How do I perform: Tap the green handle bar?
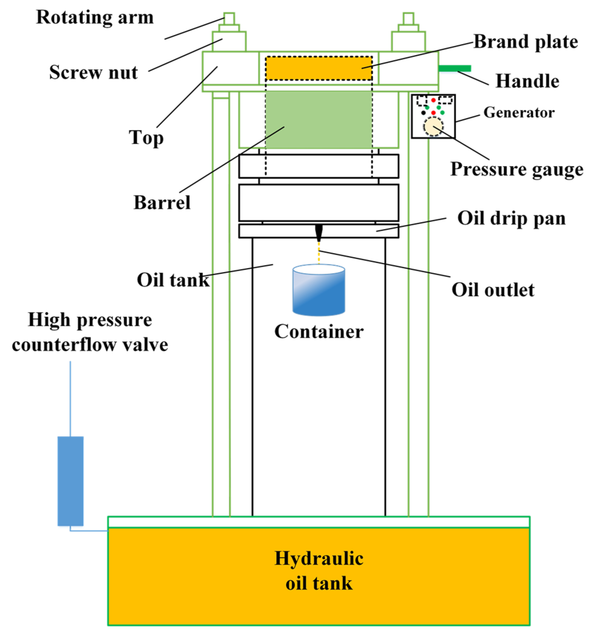click(x=454, y=68)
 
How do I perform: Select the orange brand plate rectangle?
click(x=319, y=68)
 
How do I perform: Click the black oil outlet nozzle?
click(x=319, y=232)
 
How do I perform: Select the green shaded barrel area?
click(x=319, y=119)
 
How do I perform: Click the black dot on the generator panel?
click(x=423, y=112)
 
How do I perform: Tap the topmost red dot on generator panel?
click(x=433, y=100)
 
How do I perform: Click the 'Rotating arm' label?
click(x=95, y=17)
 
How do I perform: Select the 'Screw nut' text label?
click(x=93, y=72)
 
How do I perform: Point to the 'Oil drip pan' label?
click(x=511, y=219)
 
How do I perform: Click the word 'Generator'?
click(x=519, y=112)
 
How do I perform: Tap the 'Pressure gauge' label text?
click(x=517, y=169)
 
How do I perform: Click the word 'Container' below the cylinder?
click(x=319, y=332)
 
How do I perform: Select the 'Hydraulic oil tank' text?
click(x=319, y=571)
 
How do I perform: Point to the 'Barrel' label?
click(x=162, y=202)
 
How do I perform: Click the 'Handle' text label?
click(x=527, y=81)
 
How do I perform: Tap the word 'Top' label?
click(x=146, y=138)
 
